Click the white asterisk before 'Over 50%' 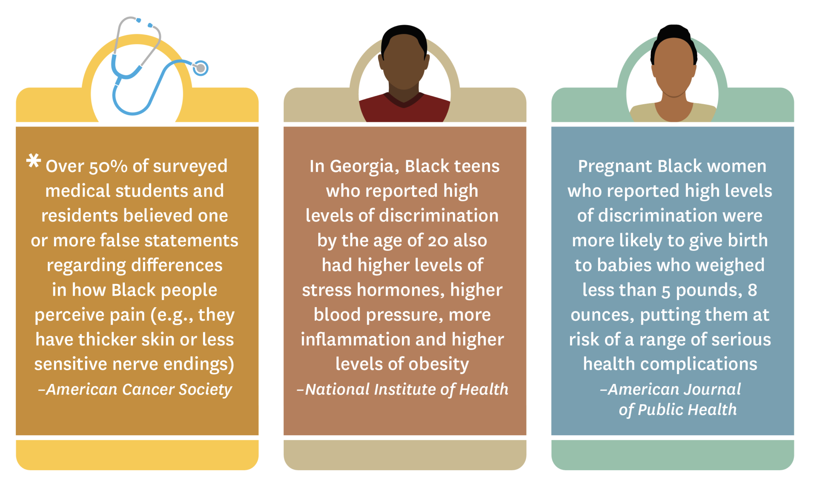click(33, 161)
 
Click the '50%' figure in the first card click(108, 167)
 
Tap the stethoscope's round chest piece click(201, 68)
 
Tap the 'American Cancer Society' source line click(135, 389)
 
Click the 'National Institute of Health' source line click(403, 389)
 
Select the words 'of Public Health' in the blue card click(677, 410)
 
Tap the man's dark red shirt click(404, 113)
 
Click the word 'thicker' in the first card click(107, 339)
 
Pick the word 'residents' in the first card click(79, 216)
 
